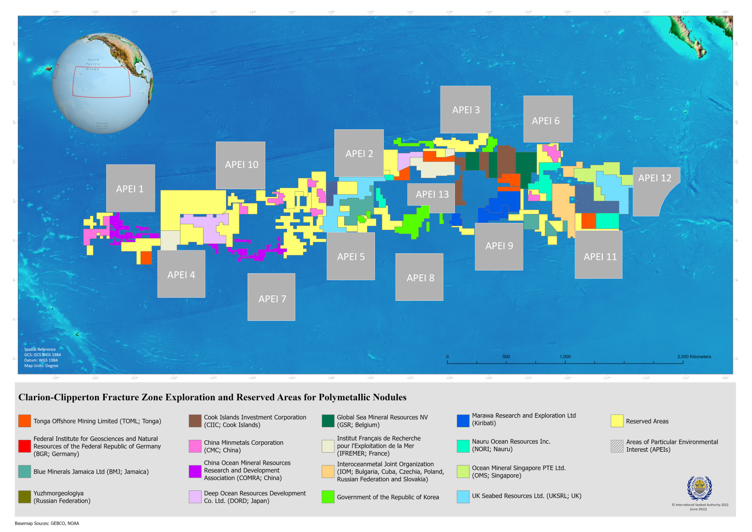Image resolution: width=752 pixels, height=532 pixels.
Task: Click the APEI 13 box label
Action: pos(432,194)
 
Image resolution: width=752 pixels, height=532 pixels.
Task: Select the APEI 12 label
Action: pos(655,178)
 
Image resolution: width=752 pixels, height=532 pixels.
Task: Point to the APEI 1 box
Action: pos(130,189)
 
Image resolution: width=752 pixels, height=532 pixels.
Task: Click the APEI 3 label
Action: pos(466,110)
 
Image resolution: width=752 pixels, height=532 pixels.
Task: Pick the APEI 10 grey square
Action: pos(241,165)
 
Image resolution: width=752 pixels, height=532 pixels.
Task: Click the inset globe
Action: pos(102,83)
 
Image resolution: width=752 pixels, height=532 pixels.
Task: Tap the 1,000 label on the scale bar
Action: pos(565,357)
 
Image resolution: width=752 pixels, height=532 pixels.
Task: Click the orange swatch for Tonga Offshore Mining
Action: pos(24,421)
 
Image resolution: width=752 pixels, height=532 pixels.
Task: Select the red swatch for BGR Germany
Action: pos(24,446)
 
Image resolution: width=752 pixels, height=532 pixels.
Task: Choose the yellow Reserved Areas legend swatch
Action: pos(617,421)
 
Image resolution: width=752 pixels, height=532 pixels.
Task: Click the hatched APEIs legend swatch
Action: pos(617,446)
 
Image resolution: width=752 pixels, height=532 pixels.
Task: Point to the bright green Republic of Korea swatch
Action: pos(328,497)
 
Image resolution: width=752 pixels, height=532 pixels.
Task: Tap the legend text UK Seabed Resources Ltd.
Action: pos(526,496)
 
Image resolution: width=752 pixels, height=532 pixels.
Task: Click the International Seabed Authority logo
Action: pos(700,488)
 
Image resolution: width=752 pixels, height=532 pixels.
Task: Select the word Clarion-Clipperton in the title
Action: pos(58,397)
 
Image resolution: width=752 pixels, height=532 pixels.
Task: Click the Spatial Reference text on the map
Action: pos(40,349)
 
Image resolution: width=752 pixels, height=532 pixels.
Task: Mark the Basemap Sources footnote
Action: pos(47,523)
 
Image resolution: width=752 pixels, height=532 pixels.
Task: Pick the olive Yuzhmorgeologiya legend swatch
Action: pos(24,497)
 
